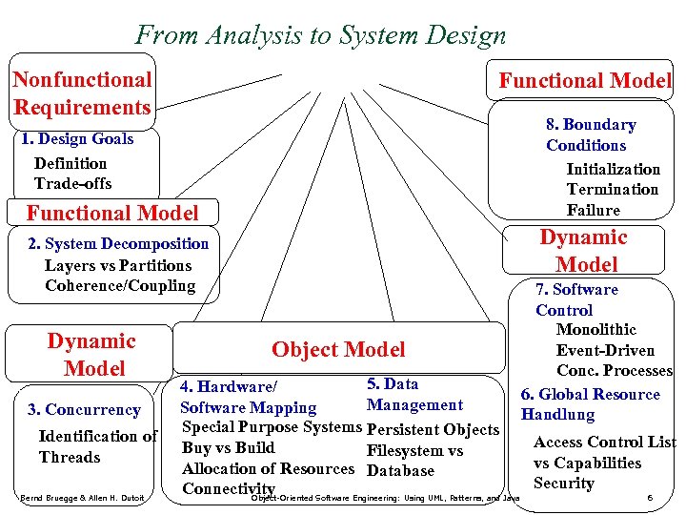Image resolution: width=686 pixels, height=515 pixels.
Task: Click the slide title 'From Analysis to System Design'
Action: click(321, 36)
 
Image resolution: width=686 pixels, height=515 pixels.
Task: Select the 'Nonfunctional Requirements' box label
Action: click(82, 93)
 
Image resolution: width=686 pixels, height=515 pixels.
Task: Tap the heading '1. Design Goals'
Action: click(77, 139)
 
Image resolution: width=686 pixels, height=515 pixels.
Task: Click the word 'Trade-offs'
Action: click(72, 184)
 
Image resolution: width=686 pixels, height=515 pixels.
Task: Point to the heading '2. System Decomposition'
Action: click(119, 244)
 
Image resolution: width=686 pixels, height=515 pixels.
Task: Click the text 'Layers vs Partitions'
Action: click(117, 265)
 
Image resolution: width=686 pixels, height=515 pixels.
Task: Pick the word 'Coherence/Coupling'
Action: click(119, 286)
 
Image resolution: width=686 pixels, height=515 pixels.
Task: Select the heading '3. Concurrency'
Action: click(84, 410)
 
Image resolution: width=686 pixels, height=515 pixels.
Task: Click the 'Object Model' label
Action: click(338, 350)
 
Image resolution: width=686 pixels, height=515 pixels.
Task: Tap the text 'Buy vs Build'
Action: click(228, 448)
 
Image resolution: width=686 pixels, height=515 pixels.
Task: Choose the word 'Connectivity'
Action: click(229, 489)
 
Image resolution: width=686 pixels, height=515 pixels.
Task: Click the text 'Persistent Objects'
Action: click(433, 430)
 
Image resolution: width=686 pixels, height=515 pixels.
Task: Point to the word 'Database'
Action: click(400, 470)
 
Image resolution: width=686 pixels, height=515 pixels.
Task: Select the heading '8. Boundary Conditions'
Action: click(590, 134)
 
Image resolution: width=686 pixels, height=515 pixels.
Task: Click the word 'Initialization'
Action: click(613, 169)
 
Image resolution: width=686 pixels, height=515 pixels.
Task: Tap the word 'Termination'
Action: click(612, 189)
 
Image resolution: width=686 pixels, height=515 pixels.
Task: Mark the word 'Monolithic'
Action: click(596, 330)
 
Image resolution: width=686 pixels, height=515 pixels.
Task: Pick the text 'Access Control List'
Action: click(605, 443)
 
